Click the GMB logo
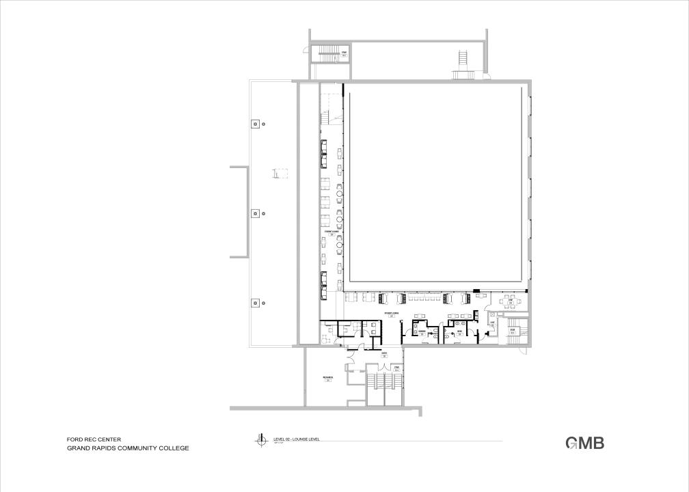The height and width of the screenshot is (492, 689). [x=584, y=443]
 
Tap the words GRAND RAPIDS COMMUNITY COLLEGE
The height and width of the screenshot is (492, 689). [x=127, y=448]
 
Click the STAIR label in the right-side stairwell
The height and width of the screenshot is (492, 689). [x=513, y=331]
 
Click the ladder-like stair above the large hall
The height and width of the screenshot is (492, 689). [x=463, y=61]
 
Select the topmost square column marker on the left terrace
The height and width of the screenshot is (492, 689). [x=254, y=124]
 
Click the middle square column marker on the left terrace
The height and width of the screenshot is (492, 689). [x=254, y=213]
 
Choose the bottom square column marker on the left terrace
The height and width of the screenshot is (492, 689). [x=254, y=303]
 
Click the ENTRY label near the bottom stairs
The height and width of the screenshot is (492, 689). [x=385, y=354]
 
